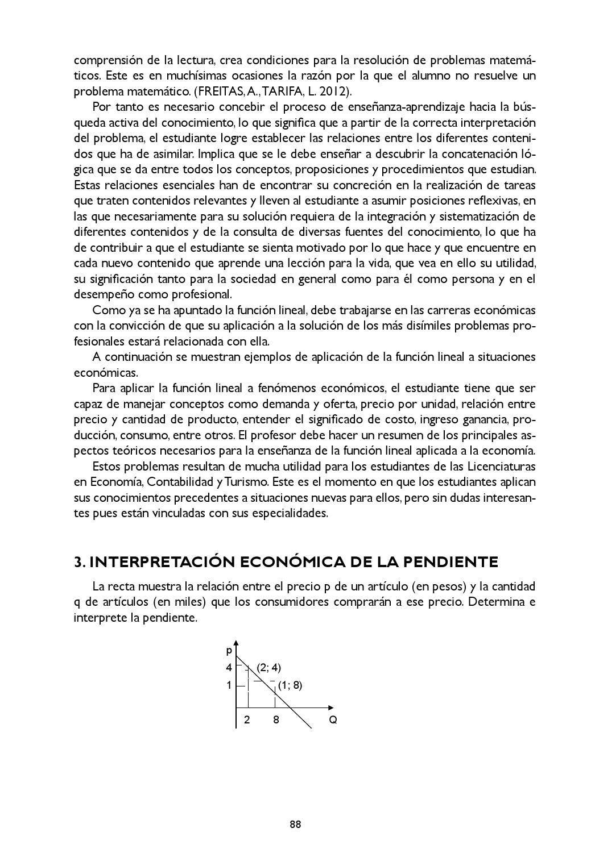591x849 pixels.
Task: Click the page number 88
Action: click(x=295, y=825)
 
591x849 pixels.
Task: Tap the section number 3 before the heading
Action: click(x=78, y=562)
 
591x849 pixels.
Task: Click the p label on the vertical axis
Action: click(x=229, y=650)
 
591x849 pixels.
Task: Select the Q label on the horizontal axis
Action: click(x=333, y=720)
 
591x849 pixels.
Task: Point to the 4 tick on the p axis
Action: click(x=229, y=668)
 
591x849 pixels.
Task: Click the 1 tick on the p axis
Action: click(x=229, y=685)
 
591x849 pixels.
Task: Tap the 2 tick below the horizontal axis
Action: click(x=247, y=720)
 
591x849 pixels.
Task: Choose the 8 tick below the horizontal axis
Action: click(x=276, y=720)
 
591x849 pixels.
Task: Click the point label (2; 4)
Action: click(x=268, y=668)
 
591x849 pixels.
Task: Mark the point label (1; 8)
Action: click(x=290, y=685)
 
